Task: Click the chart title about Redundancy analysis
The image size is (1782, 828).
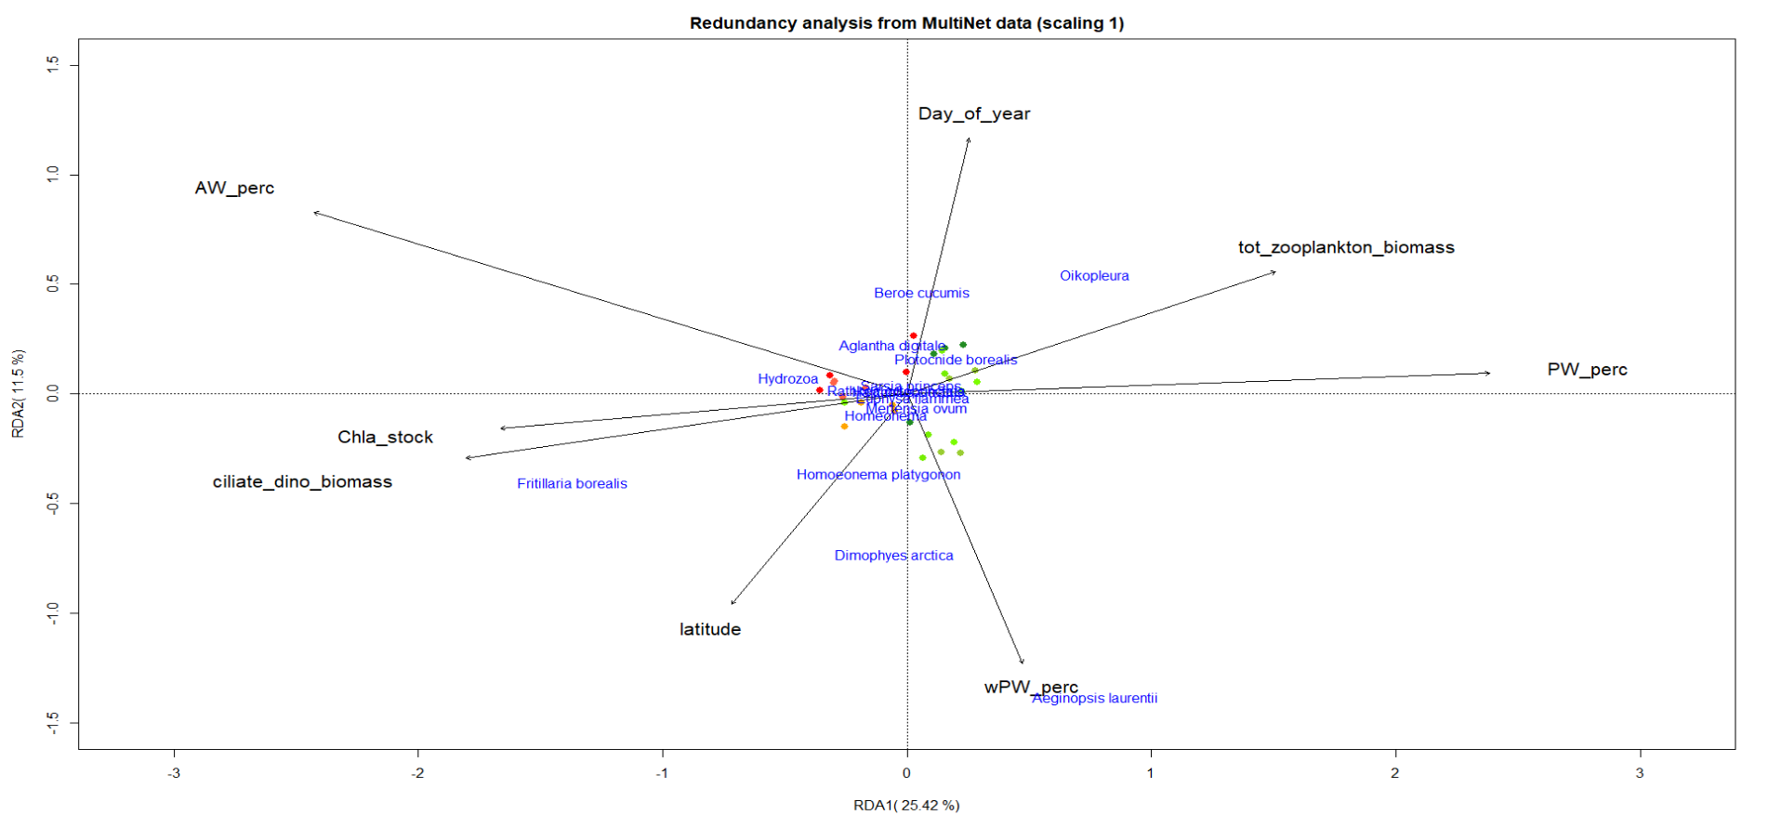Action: [x=906, y=23]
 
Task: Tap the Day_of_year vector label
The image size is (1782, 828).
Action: [x=973, y=114]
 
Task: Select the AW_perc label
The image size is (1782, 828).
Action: [x=234, y=189]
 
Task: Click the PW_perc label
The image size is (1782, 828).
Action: [x=1587, y=370]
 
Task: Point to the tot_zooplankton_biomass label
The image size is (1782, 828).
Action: [x=1345, y=248]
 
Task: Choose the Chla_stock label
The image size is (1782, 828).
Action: [x=385, y=438]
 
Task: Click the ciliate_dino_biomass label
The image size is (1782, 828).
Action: [x=302, y=482]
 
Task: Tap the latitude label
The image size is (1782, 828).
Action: [x=709, y=630]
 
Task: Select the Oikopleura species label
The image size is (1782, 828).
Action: [x=1094, y=276]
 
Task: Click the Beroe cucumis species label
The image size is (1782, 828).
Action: [x=921, y=294]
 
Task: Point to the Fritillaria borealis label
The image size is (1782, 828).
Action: [x=572, y=484]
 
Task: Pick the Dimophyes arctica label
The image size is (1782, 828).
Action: [x=893, y=556]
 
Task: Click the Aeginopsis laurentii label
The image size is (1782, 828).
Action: [x=1095, y=699]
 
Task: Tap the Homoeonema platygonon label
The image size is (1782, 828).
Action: [x=878, y=475]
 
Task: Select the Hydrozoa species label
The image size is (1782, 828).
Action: [x=787, y=379]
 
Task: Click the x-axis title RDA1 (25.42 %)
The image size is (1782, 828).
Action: [x=906, y=806]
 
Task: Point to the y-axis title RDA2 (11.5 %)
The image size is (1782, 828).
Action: [x=18, y=393]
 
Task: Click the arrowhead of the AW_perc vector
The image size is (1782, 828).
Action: [x=315, y=213]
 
